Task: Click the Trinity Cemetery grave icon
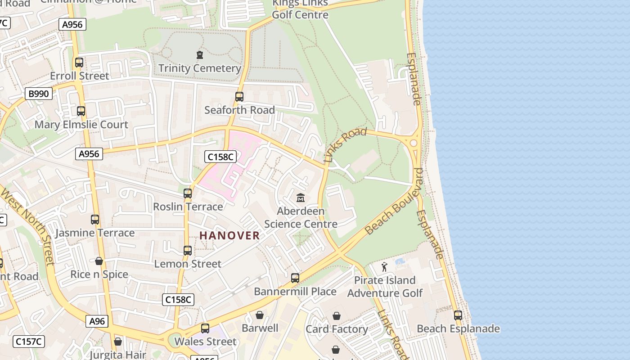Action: point(200,55)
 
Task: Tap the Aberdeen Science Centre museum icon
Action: point(301,198)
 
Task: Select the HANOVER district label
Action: point(229,235)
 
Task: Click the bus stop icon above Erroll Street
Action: point(79,63)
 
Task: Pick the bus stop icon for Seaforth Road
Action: point(239,97)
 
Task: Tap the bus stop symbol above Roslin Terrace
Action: point(188,193)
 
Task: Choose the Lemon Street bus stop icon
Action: point(188,251)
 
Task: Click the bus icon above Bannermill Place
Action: point(295,278)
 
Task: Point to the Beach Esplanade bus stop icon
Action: point(458,315)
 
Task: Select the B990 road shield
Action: point(39,94)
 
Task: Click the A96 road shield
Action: point(97,321)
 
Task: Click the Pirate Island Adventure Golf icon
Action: point(384,267)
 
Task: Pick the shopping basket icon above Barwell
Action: point(260,315)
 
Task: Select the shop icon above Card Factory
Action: point(337,316)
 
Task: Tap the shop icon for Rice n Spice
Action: point(99,261)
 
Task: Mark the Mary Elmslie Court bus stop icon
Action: point(81,111)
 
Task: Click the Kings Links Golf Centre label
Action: point(300,9)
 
